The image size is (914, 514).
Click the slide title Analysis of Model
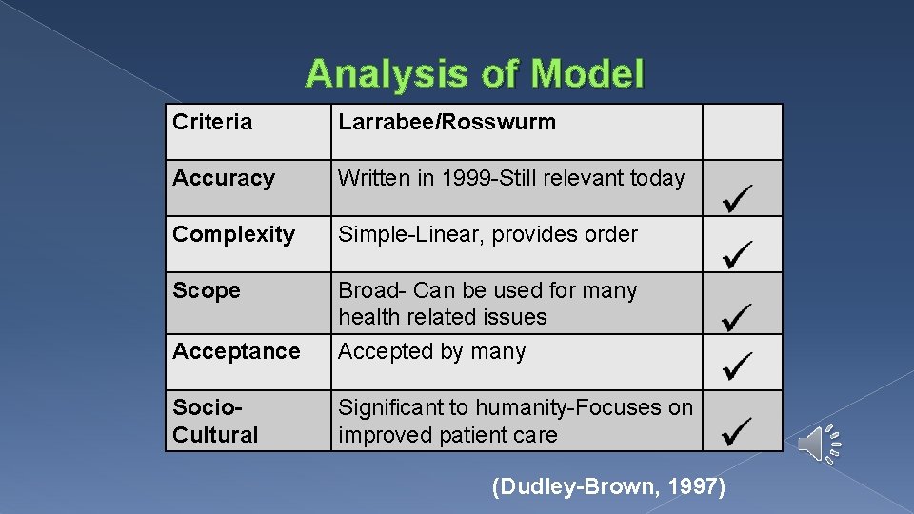pyautogui.click(x=475, y=74)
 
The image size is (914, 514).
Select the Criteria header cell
pyautogui.click(x=212, y=122)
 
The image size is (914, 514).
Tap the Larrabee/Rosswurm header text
pyautogui.click(x=447, y=122)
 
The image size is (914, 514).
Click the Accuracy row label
pyautogui.click(x=224, y=178)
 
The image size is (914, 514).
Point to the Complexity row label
pyautogui.click(x=233, y=234)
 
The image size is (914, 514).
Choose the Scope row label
pyautogui.click(x=207, y=290)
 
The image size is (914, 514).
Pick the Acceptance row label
pyautogui.click(x=236, y=351)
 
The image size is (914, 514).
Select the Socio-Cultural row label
pyautogui.click(x=215, y=421)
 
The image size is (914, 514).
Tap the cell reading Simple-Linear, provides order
pyautogui.click(x=487, y=234)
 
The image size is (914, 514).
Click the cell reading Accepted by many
pyautogui.click(x=431, y=351)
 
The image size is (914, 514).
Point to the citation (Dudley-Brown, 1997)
pyautogui.click(x=608, y=487)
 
